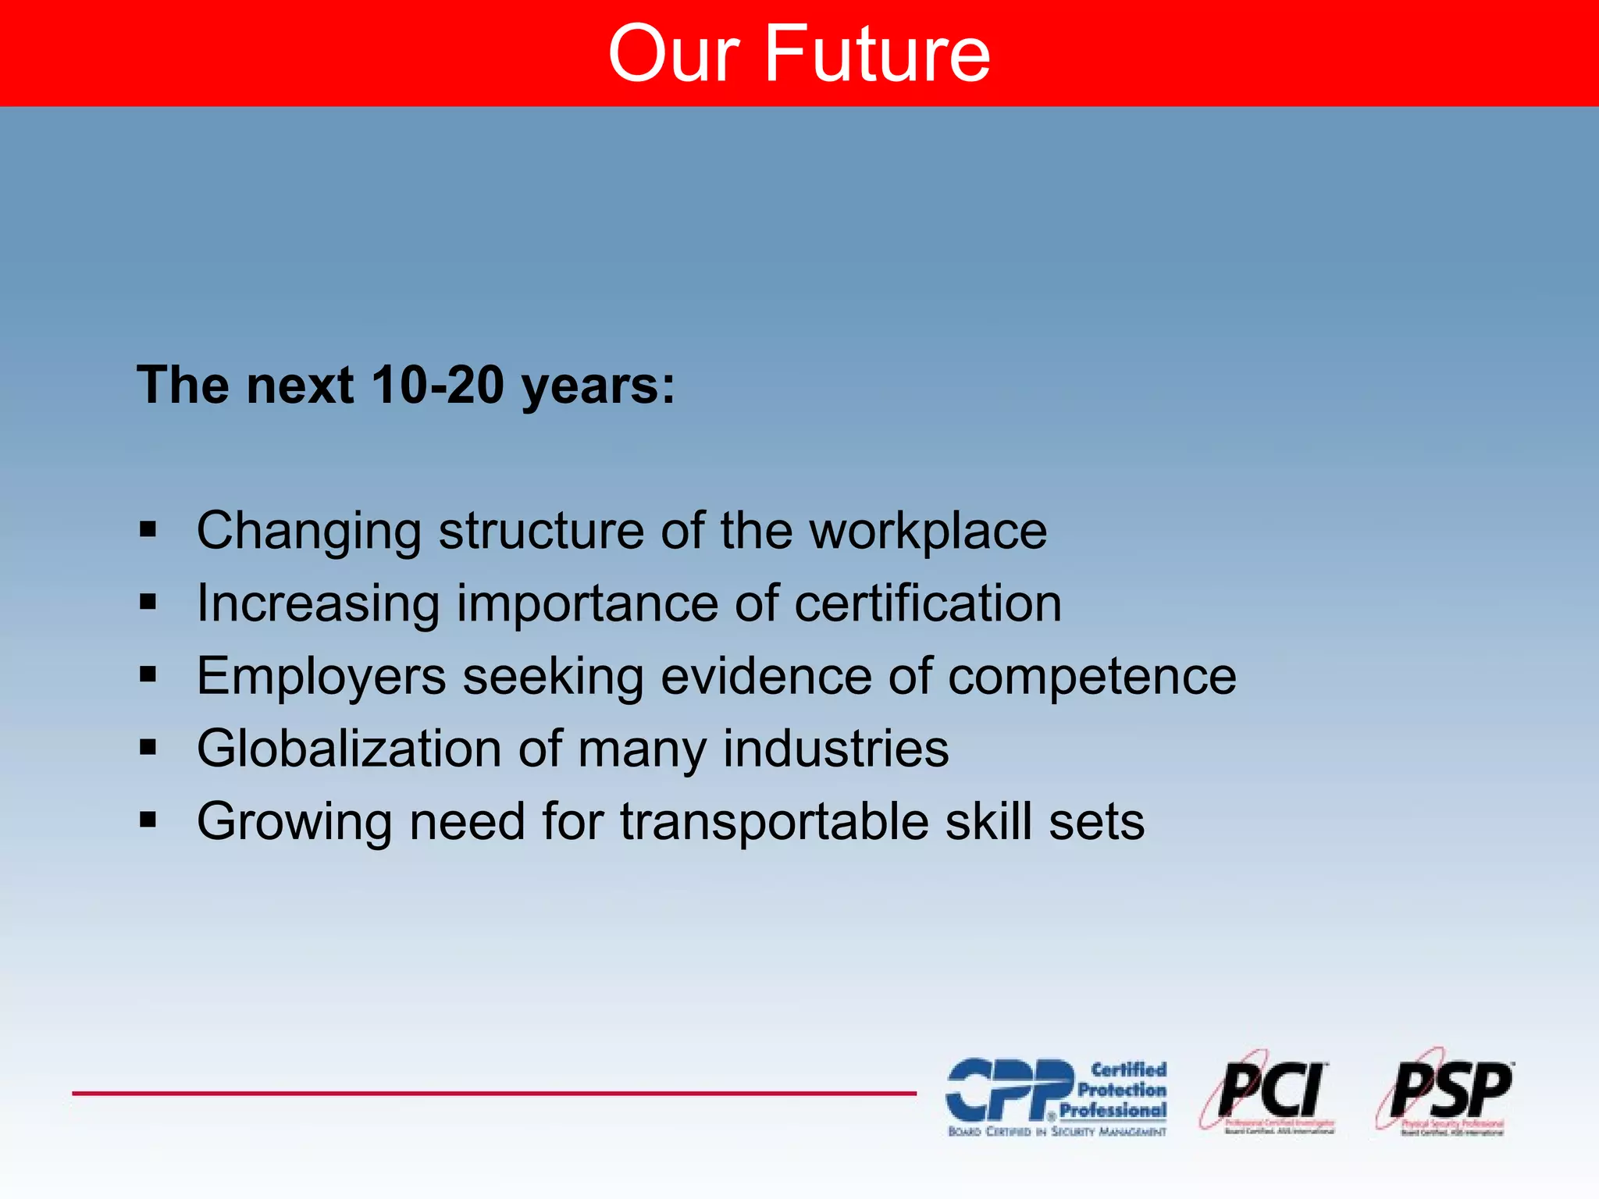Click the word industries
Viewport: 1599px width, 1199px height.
click(835, 749)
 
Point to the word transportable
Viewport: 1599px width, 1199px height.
click(774, 822)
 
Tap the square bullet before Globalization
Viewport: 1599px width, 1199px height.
click(148, 748)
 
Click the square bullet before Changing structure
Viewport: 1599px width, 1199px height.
click(148, 530)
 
